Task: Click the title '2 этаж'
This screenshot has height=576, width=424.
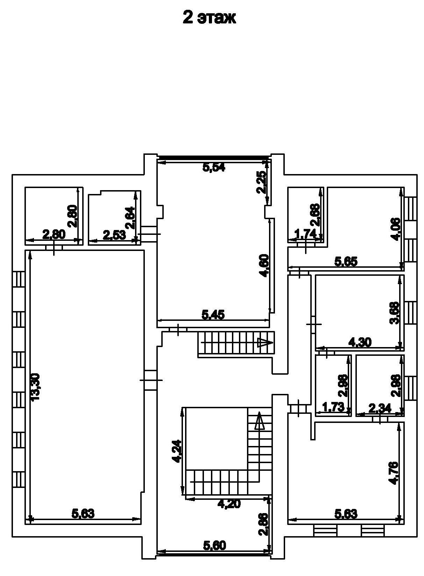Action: [x=209, y=18]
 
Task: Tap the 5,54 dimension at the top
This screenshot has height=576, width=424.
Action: [x=214, y=167]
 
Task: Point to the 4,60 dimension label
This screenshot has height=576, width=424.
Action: [x=264, y=266]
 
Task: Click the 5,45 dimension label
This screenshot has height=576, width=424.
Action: [x=213, y=315]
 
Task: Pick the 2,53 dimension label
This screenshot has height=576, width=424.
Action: [x=114, y=235]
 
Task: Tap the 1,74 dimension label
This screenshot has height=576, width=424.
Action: [x=305, y=233]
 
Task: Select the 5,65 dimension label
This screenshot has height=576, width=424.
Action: [x=346, y=262]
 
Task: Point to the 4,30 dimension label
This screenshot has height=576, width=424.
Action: [x=360, y=342]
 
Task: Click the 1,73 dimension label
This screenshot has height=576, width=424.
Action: [x=333, y=407]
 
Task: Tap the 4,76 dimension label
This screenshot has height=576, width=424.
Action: [x=394, y=473]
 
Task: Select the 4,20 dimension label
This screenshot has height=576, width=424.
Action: [x=229, y=504]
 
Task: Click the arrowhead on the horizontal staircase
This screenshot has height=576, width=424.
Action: [x=264, y=343]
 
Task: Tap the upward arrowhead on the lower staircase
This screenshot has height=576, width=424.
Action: [x=259, y=421]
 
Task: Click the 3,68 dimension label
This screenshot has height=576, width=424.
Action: [x=395, y=313]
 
